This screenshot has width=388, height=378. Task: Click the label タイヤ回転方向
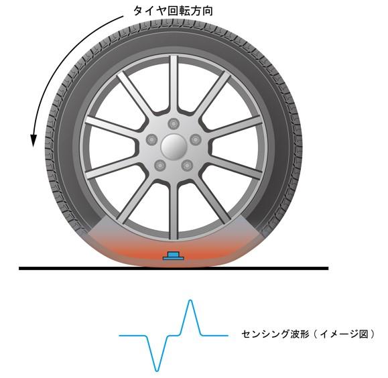[173, 11]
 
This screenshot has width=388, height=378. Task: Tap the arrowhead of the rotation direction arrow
[34, 141]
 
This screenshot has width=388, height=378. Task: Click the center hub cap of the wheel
[173, 147]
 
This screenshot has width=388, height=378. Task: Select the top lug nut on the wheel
[173, 123]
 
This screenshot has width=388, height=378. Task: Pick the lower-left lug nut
[159, 166]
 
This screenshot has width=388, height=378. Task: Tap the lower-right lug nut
[187, 166]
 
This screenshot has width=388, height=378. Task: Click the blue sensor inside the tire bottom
[174, 256]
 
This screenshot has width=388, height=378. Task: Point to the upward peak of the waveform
[190, 301]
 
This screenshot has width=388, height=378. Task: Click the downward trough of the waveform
[157, 371]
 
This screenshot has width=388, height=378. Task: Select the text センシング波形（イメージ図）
[308, 334]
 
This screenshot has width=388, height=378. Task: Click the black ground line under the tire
[174, 268]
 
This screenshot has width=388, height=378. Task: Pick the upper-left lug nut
[151, 139]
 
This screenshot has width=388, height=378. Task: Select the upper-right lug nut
[196, 139]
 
